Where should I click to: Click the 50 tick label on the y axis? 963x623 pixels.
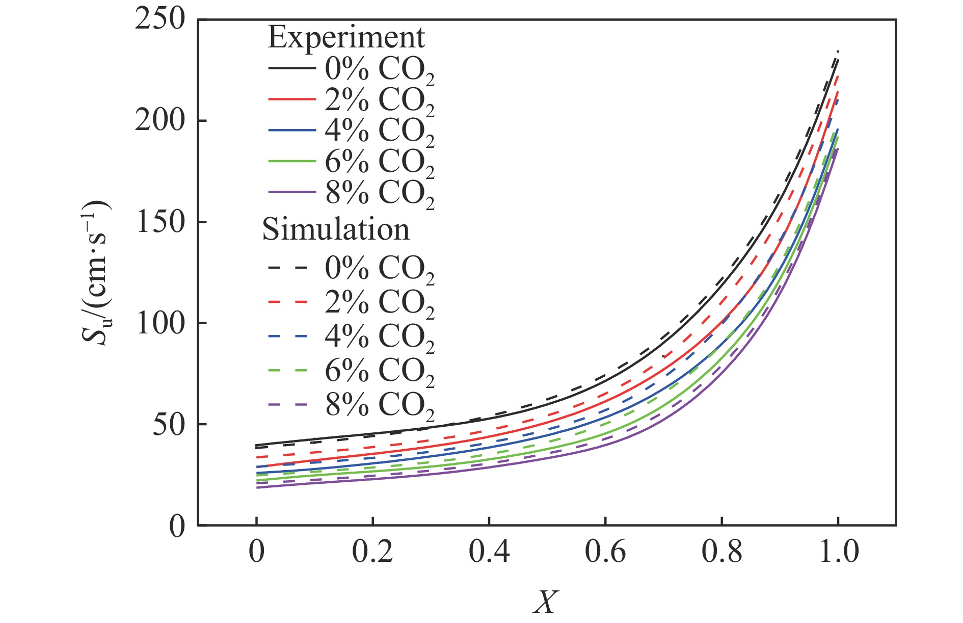pyautogui.click(x=168, y=424)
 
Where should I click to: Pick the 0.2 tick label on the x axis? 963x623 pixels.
pyautogui.click(x=372, y=552)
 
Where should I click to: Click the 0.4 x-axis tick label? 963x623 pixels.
pyautogui.click(x=489, y=552)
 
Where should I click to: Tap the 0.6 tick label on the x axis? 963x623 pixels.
pyautogui.click(x=605, y=552)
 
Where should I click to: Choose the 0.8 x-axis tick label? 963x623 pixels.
pyautogui.click(x=721, y=552)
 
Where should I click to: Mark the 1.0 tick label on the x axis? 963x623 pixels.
pyautogui.click(x=838, y=552)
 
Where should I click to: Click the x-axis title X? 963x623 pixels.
pyautogui.click(x=546, y=603)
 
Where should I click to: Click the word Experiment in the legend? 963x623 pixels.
pyautogui.click(x=346, y=37)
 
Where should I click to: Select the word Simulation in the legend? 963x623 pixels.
pyautogui.click(x=336, y=229)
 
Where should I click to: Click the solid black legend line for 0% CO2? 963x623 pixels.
pyautogui.click(x=291, y=68)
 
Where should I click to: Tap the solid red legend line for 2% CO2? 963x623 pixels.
pyautogui.click(x=291, y=99)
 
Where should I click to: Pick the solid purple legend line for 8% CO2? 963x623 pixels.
pyautogui.click(x=291, y=192)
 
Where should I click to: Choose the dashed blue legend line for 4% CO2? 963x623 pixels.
pyautogui.click(x=288, y=336)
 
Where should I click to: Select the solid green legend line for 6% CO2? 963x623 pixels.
pyautogui.click(x=291, y=161)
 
